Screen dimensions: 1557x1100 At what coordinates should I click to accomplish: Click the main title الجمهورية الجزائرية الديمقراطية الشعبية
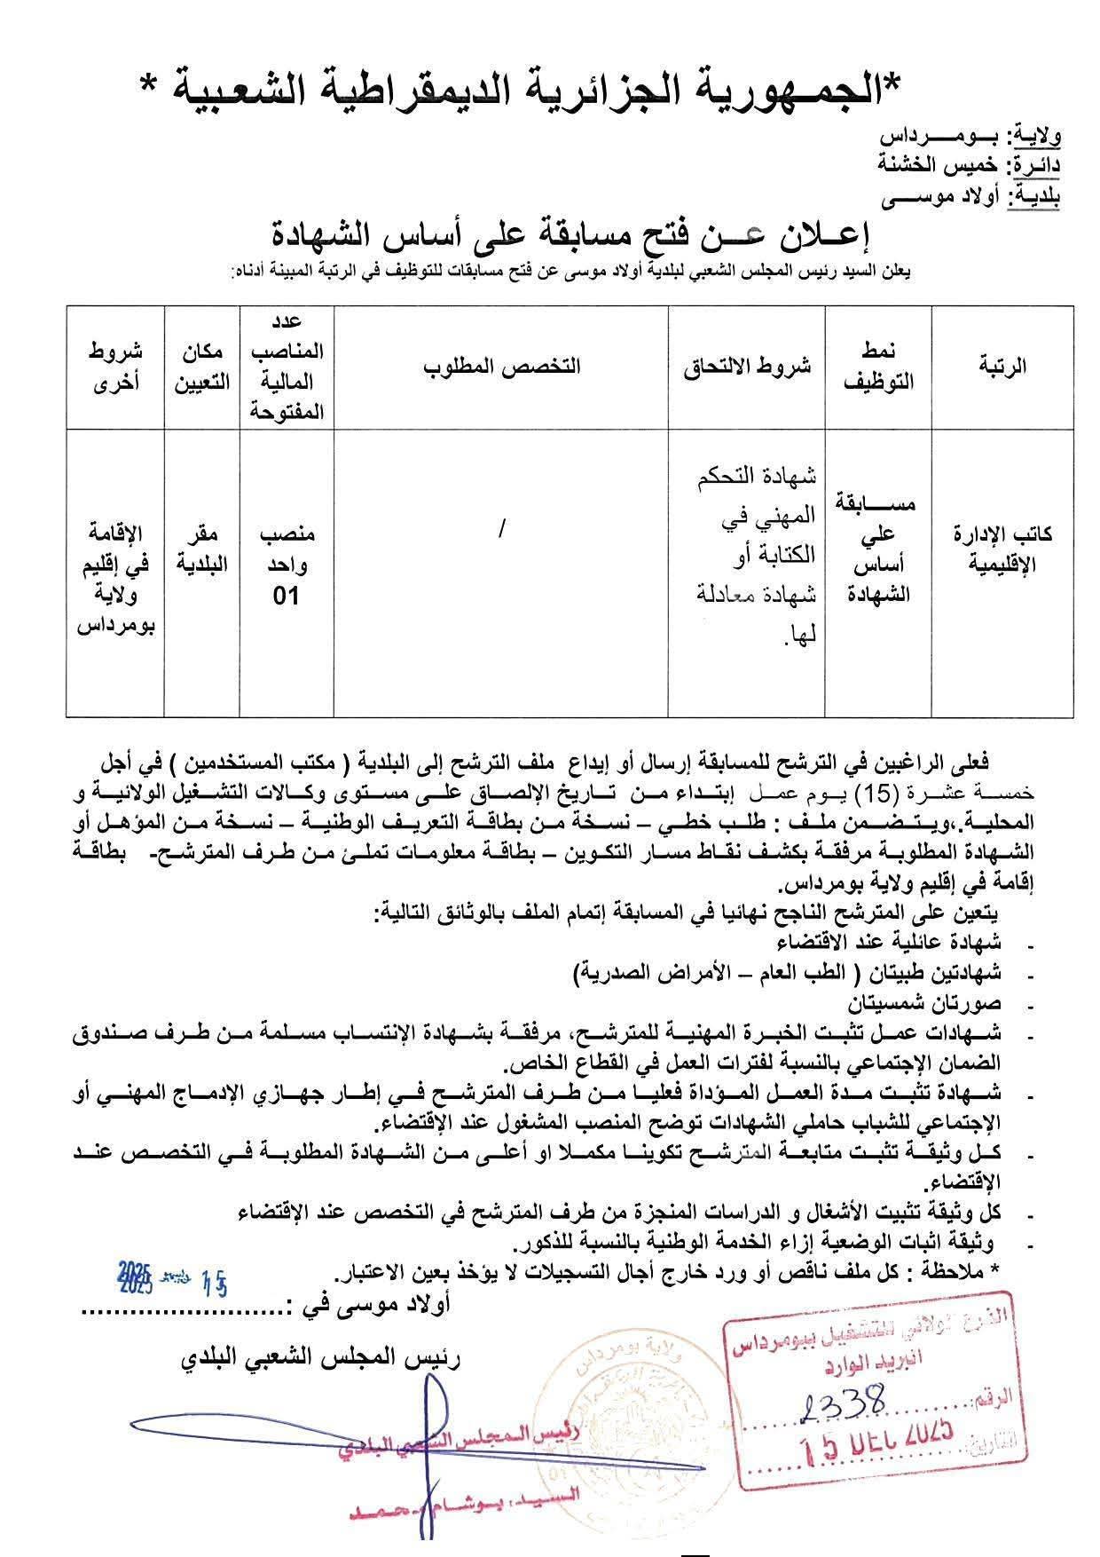tap(524, 89)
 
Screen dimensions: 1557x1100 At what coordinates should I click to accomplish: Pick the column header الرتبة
tap(1002, 367)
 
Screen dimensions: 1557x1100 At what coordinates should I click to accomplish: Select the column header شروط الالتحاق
tap(747, 367)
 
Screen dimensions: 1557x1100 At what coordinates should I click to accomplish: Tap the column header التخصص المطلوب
tap(501, 367)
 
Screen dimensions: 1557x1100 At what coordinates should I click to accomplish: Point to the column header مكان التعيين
tap(201, 366)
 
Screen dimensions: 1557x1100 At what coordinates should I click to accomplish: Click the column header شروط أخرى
tap(115, 366)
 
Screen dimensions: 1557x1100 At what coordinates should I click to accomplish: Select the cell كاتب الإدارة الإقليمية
tap(1002, 549)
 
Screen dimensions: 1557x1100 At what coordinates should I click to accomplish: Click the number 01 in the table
tap(286, 596)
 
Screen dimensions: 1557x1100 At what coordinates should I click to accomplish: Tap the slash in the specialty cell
tap(502, 529)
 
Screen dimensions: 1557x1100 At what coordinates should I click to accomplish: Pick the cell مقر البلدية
tap(201, 549)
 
